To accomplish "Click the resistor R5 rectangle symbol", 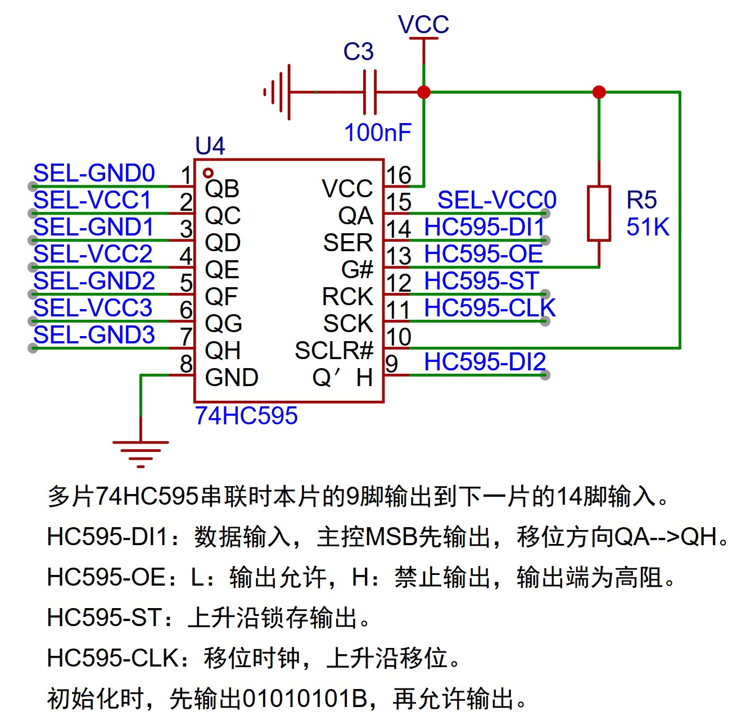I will [599, 214].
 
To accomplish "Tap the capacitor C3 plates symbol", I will [370, 92].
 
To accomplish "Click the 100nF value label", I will [378, 133].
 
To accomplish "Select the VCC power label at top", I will [423, 24].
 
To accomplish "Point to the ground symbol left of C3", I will [278, 92].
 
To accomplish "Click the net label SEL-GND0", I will [94, 173].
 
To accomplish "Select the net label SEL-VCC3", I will [93, 308].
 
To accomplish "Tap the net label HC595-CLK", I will [489, 308].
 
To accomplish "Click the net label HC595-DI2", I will [485, 361].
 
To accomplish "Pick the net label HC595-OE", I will [483, 254].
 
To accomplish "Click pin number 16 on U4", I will [399, 175].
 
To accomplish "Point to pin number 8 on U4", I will [186, 364].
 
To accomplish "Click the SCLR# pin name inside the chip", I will [334, 351].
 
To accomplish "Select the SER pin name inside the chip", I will [348, 243].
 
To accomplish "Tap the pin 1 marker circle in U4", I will [209, 173].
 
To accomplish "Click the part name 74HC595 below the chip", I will [246, 416].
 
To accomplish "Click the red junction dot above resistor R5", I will [599, 92].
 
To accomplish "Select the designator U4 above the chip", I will [210, 146].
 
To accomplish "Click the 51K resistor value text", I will [648, 227].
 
